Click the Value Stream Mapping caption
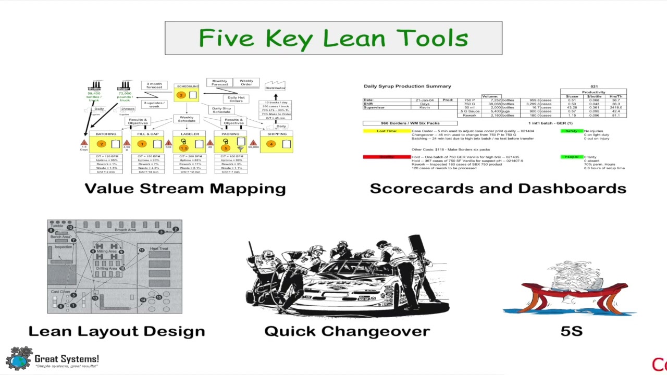click(x=185, y=189)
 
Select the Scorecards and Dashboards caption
click(x=498, y=189)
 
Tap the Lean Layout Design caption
click(x=117, y=331)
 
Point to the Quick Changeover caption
click(x=347, y=331)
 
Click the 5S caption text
click(x=571, y=331)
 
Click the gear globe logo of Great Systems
click(x=19, y=358)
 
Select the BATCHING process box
click(x=106, y=142)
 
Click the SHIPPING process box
click(x=277, y=142)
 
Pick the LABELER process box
click(x=190, y=142)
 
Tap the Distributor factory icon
click(x=275, y=85)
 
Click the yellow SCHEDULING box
click(x=186, y=94)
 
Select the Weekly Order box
click(x=246, y=82)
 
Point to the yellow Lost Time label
click(x=387, y=131)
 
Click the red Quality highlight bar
click(x=387, y=157)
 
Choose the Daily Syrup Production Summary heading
click(x=407, y=86)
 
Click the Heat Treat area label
click(x=159, y=248)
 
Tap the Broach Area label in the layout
click(x=125, y=230)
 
